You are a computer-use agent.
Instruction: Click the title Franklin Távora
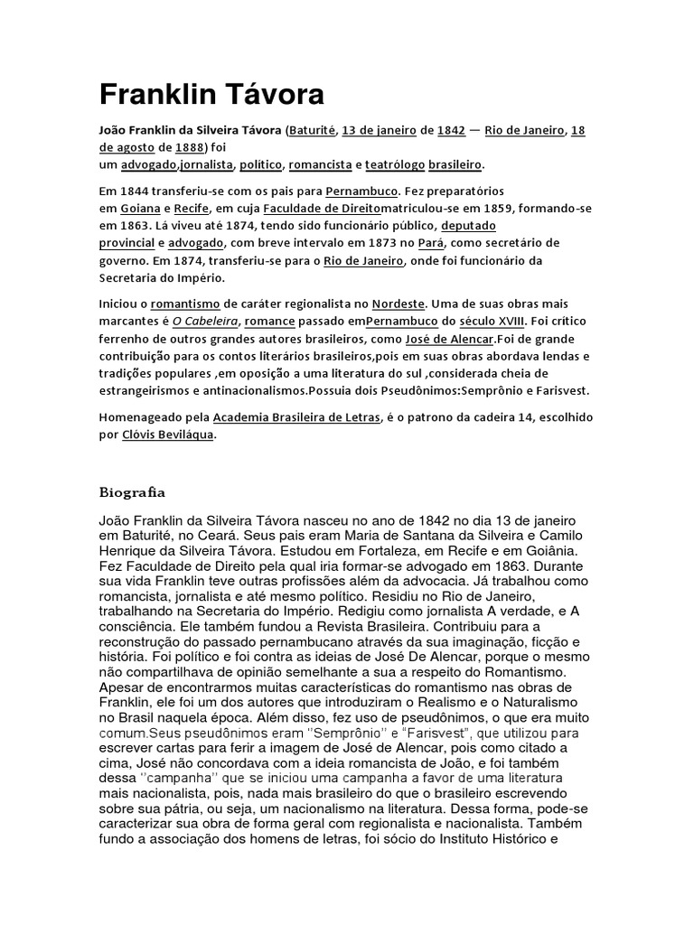click(x=211, y=95)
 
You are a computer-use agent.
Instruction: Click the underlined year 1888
click(x=191, y=147)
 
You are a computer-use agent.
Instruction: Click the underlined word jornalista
click(x=206, y=165)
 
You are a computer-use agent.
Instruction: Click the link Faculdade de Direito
click(x=307, y=208)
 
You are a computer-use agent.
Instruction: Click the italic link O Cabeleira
click(x=205, y=321)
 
